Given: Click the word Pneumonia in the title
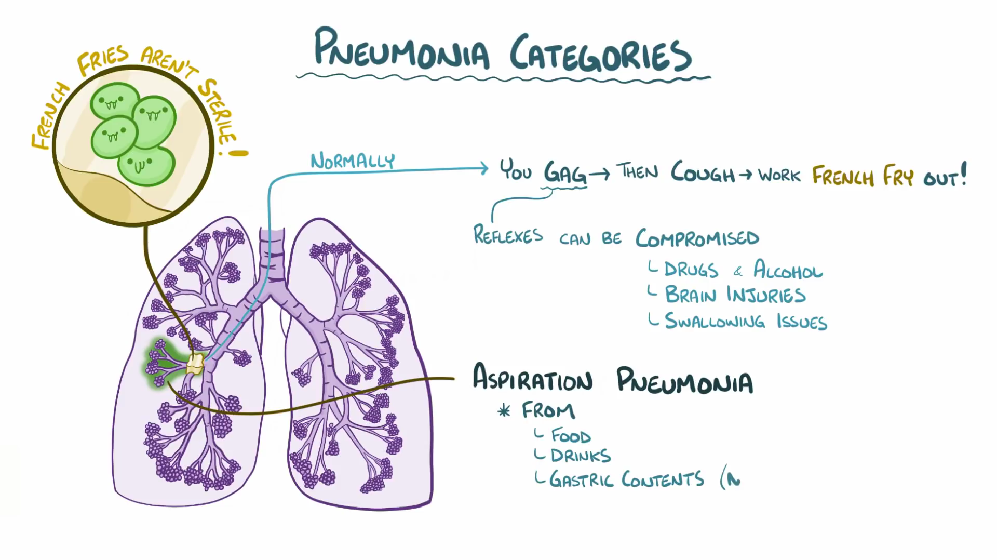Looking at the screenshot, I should pos(401,50).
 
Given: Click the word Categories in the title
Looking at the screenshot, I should pos(600,54).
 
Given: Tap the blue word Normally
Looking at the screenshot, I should pos(353,161).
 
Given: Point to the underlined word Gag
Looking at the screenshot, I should pos(565,172).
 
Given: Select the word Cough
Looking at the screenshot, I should pos(703,172).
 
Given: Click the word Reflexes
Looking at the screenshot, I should pos(508,236).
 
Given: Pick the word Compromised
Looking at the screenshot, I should pos(697,238).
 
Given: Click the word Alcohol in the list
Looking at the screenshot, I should pos(788,270).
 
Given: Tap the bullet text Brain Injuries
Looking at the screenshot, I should pos(735,295).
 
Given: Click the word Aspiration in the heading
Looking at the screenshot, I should pos(532,378).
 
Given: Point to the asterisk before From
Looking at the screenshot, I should pos(504,411).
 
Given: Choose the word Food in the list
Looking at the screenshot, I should pos(570,435).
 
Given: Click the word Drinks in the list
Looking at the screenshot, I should pos(581,456).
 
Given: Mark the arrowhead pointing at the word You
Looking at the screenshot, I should pos(484,168).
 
